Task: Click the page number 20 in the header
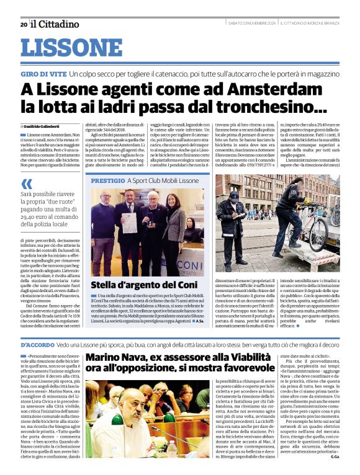point(24,24)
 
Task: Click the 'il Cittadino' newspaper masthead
point(55,24)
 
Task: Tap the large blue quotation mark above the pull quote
point(27,184)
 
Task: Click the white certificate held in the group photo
point(130,222)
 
